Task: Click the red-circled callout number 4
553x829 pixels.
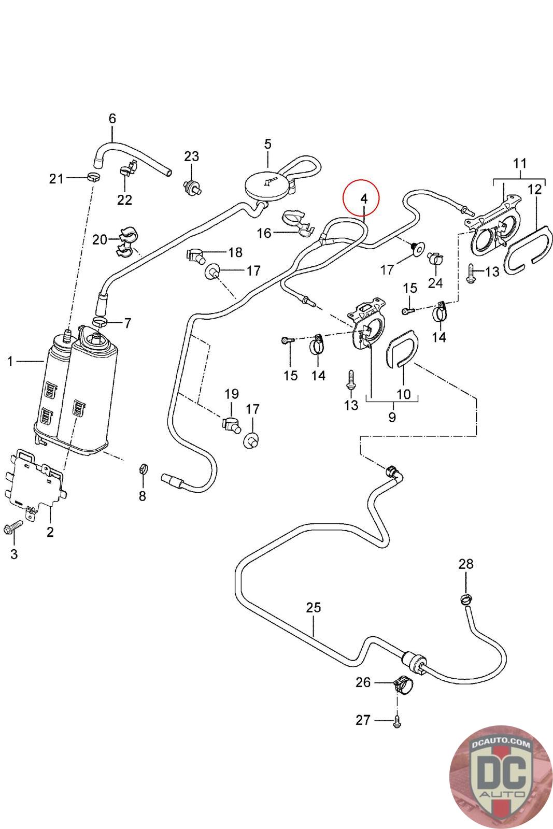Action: (x=363, y=198)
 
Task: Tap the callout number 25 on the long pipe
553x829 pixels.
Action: (x=314, y=607)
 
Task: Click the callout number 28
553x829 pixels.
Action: (x=466, y=564)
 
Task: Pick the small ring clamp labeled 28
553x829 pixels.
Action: (x=465, y=600)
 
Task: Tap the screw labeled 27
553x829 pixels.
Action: (x=397, y=721)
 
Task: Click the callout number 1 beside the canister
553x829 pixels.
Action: (x=10, y=361)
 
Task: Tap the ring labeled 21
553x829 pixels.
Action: (x=93, y=178)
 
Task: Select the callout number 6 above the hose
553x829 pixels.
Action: (x=112, y=119)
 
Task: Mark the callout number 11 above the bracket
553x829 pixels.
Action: (x=520, y=164)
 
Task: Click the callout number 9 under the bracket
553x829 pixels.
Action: (x=392, y=417)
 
